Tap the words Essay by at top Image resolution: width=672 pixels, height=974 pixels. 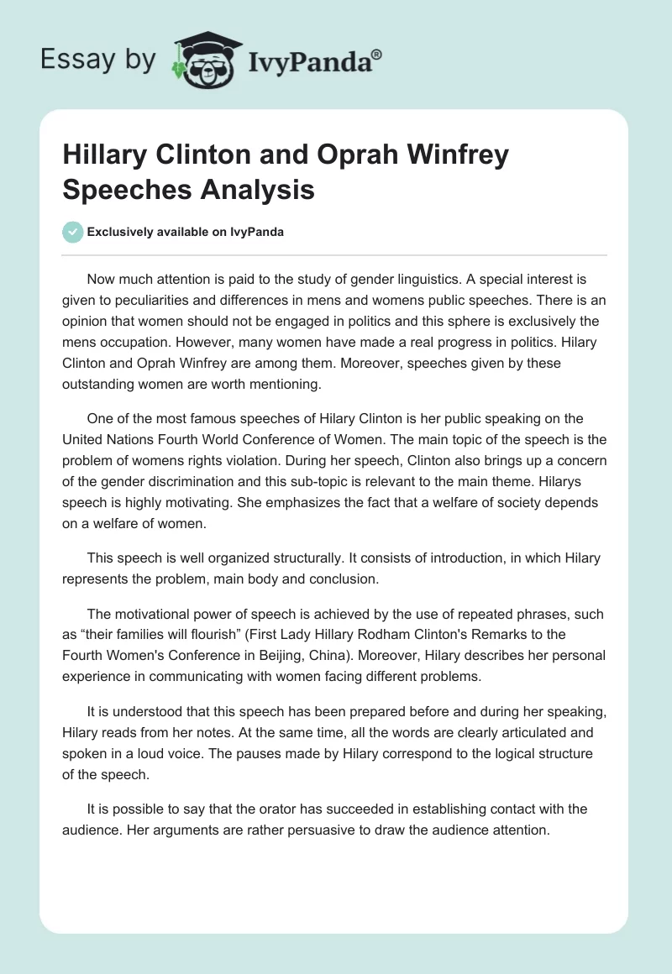tap(99, 59)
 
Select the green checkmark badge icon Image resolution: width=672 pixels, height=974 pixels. tap(74, 233)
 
